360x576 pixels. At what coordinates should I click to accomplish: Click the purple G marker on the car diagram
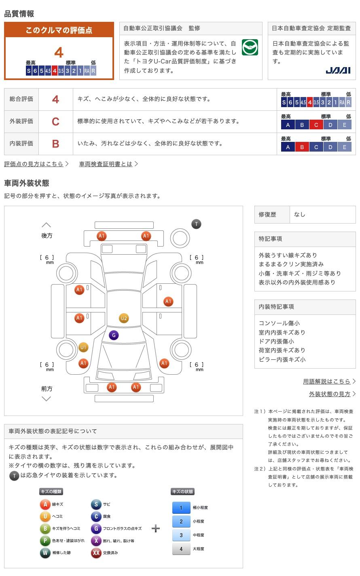114,335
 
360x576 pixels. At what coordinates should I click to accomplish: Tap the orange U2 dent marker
124,318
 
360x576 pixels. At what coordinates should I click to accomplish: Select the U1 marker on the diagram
83,347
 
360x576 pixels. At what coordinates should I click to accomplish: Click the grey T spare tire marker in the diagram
196,224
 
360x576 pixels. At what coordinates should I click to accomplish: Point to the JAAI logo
338,70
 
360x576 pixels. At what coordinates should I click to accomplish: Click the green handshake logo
250,48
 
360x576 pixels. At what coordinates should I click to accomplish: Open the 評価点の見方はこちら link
34,164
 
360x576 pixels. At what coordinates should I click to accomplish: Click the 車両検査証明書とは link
106,164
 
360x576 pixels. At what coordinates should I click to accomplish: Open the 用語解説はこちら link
327,381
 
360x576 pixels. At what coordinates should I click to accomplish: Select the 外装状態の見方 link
330,394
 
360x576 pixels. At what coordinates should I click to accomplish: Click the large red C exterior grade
55,122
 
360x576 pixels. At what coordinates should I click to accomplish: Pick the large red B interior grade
55,144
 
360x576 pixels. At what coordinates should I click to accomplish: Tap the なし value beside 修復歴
300,215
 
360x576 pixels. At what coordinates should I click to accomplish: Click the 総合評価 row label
21,99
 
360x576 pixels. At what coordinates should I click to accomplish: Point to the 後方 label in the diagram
47,235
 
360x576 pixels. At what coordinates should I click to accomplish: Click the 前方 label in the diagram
47,388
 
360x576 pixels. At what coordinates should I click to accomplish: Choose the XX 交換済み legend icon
96,553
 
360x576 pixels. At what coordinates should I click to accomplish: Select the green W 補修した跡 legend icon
45,553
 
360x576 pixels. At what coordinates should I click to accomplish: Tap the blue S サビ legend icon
96,504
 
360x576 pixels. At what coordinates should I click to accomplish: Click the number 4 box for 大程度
181,549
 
